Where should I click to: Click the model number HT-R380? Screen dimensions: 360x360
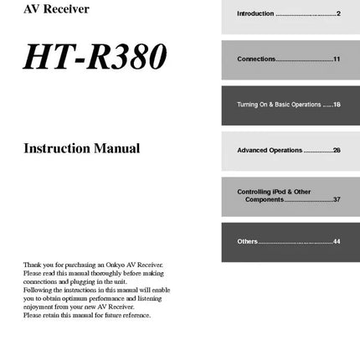(95, 57)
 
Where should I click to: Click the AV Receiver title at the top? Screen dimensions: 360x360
(56, 9)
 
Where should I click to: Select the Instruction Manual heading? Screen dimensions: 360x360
(82, 148)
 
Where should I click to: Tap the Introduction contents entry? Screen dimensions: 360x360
(255, 14)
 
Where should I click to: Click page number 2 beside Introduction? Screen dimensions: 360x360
(338, 14)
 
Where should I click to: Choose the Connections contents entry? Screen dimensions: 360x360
(256, 59)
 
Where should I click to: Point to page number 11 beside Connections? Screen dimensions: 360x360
(337, 59)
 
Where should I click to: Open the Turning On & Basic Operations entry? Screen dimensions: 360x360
(278, 105)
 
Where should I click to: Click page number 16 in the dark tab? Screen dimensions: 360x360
(337, 105)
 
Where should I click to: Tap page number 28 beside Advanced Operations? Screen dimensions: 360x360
(337, 150)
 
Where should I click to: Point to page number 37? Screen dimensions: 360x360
(337, 199)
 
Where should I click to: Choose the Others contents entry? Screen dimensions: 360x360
(247, 241)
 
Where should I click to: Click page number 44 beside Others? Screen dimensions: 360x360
(337, 241)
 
